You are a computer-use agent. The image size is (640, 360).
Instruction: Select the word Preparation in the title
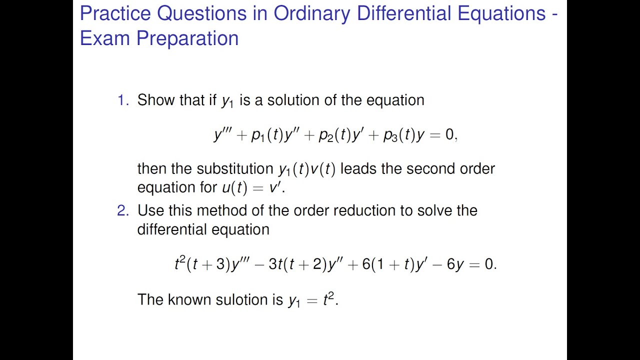[187, 38]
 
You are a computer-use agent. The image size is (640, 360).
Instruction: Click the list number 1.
[122, 100]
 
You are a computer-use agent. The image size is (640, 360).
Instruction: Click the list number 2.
[122, 210]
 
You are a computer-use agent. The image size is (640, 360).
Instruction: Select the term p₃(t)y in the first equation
[403, 135]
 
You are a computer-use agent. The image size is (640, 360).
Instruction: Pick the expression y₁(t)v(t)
[307, 169]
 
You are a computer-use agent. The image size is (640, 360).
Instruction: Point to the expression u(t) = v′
[252, 187]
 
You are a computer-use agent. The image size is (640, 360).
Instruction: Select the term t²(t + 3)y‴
[210, 264]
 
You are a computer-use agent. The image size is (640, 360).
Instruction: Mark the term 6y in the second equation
[455, 264]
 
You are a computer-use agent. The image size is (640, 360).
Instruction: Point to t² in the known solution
[328, 299]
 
